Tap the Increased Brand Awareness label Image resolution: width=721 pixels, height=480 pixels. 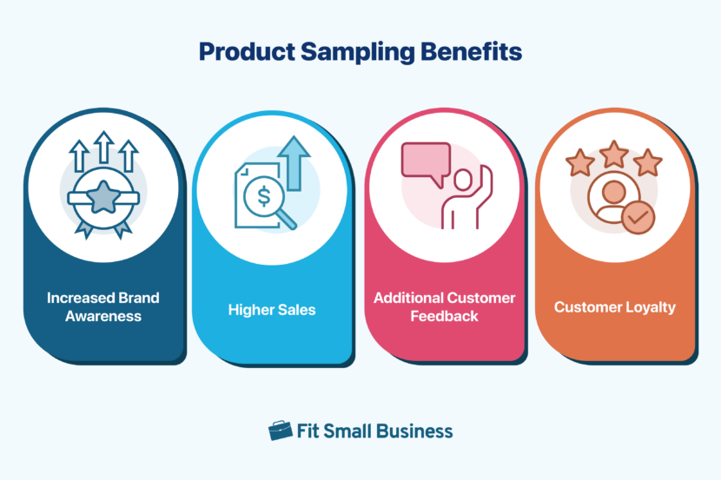click(103, 307)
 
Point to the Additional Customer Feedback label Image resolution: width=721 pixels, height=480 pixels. click(445, 307)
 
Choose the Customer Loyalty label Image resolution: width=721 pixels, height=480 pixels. click(615, 307)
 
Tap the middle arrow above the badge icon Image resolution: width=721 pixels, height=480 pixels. click(103, 148)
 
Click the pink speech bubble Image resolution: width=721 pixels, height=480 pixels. click(425, 162)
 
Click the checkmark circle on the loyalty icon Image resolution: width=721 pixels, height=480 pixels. click(638, 218)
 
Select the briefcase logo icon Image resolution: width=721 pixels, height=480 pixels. click(281, 431)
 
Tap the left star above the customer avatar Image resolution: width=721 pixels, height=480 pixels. click(580, 161)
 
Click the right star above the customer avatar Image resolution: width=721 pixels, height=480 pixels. click(648, 161)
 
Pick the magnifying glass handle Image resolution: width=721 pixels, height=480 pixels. click(287, 221)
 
